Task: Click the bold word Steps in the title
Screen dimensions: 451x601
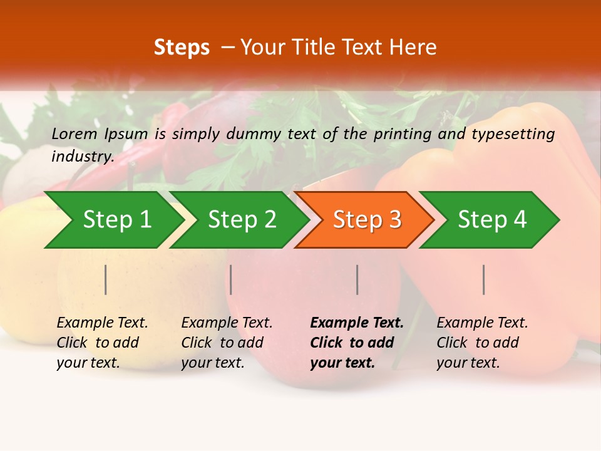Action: pyautogui.click(x=182, y=48)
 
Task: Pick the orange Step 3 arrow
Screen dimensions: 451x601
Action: pyautogui.click(x=367, y=220)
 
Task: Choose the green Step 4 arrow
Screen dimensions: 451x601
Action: pyautogui.click(x=492, y=220)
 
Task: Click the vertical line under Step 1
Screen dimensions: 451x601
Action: pyautogui.click(x=106, y=279)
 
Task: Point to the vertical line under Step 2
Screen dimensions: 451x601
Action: pyautogui.click(x=231, y=279)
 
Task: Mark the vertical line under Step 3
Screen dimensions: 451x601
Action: pyautogui.click(x=357, y=279)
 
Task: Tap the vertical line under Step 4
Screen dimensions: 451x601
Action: pyautogui.click(x=484, y=279)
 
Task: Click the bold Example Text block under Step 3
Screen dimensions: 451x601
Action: pyautogui.click(x=357, y=343)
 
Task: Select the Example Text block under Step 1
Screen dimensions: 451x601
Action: pyautogui.click(x=102, y=343)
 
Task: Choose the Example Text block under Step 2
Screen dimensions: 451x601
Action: pyautogui.click(x=227, y=343)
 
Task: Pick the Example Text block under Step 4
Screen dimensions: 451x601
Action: pyautogui.click(x=482, y=343)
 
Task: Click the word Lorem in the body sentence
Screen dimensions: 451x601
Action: pyautogui.click(x=74, y=133)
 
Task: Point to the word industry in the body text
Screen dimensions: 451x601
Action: pyautogui.click(x=83, y=157)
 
